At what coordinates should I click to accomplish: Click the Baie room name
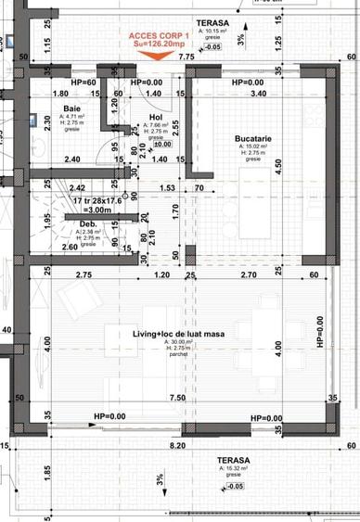click(x=71, y=108)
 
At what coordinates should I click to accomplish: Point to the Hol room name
click(x=155, y=118)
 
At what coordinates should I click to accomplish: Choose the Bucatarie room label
click(x=252, y=139)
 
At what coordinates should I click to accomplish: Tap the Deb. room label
click(x=88, y=224)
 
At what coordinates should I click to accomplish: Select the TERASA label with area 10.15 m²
click(x=214, y=21)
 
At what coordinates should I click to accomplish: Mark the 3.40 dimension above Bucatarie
click(x=259, y=94)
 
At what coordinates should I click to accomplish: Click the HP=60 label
click(x=85, y=83)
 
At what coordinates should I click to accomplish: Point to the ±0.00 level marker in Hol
click(x=161, y=145)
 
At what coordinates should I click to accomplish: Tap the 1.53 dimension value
click(x=167, y=188)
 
